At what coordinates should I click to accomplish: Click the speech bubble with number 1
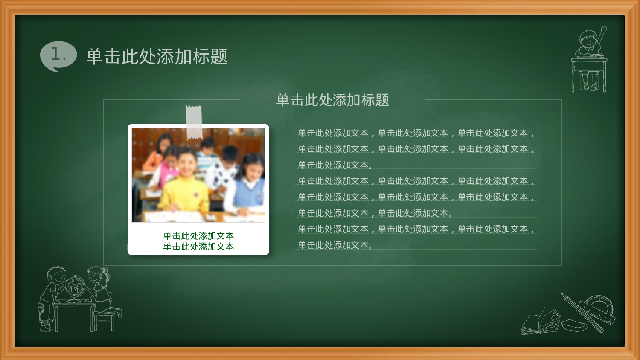click(58, 55)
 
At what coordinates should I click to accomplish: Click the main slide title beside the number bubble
click(157, 57)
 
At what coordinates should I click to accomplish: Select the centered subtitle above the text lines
click(332, 100)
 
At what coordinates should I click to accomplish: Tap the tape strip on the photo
click(194, 122)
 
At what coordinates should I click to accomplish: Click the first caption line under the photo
click(198, 236)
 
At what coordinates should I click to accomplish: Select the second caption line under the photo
click(198, 247)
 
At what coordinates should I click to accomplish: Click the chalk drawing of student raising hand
click(589, 60)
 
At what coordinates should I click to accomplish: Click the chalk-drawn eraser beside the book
click(574, 325)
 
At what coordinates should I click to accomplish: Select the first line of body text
click(416, 133)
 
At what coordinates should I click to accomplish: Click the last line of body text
click(335, 245)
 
